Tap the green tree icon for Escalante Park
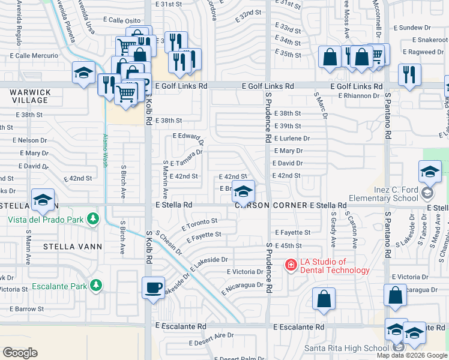[x=95, y=285]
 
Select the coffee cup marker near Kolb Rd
[x=153, y=287]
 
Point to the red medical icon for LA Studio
[x=291, y=264]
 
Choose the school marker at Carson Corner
[x=243, y=191]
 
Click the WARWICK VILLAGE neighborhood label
[x=30, y=96]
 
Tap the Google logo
[x=20, y=352]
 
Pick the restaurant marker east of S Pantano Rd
[x=409, y=74]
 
